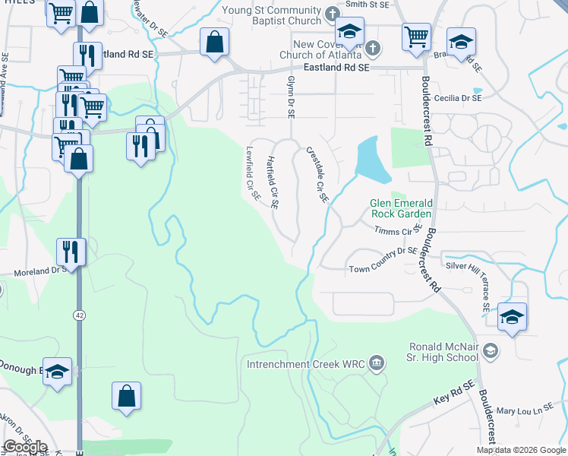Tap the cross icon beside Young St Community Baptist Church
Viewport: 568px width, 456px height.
click(x=332, y=14)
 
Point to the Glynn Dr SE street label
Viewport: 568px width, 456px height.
click(x=290, y=96)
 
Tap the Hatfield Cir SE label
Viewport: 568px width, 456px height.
click(x=273, y=183)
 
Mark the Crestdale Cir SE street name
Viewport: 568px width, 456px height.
click(x=317, y=176)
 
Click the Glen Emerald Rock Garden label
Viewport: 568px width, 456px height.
click(x=402, y=207)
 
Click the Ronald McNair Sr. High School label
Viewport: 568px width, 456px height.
click(x=443, y=352)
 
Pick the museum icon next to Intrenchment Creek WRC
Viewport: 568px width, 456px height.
click(x=377, y=363)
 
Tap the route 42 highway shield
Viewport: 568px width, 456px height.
click(x=79, y=314)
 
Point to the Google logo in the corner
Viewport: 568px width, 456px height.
click(x=25, y=447)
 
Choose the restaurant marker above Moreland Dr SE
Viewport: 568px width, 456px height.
click(x=71, y=251)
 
